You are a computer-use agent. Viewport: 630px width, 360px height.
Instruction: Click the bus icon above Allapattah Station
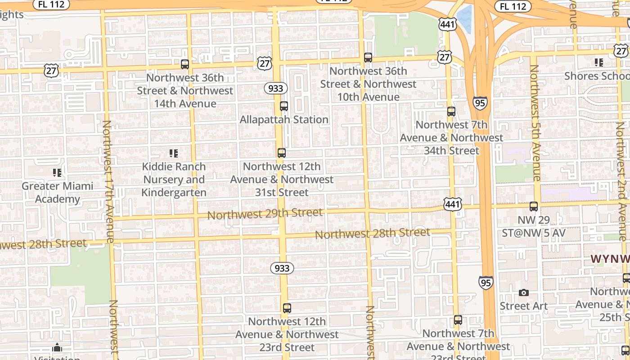pyautogui.click(x=283, y=106)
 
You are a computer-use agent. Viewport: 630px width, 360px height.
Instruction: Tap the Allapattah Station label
pyautogui.click(x=283, y=120)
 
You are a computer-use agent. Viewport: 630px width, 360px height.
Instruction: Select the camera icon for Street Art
pyautogui.click(x=523, y=293)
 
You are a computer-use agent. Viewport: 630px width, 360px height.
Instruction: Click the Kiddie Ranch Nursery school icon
pyautogui.click(x=174, y=153)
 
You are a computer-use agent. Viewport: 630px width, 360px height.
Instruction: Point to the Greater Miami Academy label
pyautogui.click(x=57, y=193)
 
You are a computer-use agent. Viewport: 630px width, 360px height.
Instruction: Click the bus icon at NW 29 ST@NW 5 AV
pyautogui.click(x=534, y=207)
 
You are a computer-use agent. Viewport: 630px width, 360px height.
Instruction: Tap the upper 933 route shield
pyautogui.click(x=275, y=88)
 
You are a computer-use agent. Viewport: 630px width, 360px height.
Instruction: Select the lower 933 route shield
pyautogui.click(x=282, y=268)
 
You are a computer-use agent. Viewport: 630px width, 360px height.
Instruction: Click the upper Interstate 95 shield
pyautogui.click(x=480, y=103)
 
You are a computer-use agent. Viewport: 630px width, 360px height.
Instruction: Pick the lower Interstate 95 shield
pyautogui.click(x=486, y=282)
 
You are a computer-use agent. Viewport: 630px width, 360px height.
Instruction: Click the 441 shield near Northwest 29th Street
pyautogui.click(x=452, y=204)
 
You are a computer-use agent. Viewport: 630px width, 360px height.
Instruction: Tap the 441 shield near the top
pyautogui.click(x=448, y=24)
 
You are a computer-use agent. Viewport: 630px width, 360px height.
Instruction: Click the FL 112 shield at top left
pyautogui.click(x=52, y=4)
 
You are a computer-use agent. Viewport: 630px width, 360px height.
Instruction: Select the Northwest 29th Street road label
pyautogui.click(x=265, y=214)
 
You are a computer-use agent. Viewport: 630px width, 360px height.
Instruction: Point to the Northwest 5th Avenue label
pyautogui.click(x=535, y=122)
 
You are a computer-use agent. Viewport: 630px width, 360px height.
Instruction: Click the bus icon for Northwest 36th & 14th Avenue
pyautogui.click(x=185, y=64)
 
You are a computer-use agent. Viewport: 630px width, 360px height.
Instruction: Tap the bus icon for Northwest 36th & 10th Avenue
pyautogui.click(x=368, y=58)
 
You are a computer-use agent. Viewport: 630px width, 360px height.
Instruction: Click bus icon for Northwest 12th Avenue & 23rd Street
pyautogui.click(x=287, y=308)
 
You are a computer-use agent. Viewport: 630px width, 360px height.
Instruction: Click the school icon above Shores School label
pyautogui.click(x=598, y=63)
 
